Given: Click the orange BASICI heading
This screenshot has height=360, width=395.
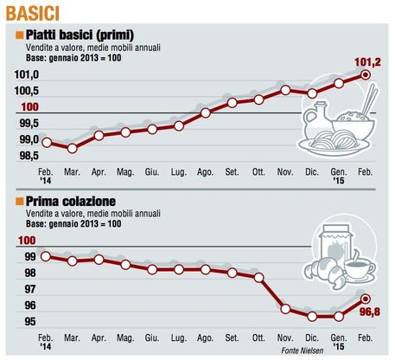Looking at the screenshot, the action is tap(33, 13).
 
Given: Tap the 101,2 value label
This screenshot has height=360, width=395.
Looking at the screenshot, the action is tap(367, 62).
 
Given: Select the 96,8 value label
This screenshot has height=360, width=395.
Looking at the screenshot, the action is tap(370, 312).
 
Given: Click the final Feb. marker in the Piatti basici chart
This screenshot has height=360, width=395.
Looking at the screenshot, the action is tap(366, 75).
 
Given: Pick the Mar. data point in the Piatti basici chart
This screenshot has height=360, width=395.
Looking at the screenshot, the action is tap(72, 149).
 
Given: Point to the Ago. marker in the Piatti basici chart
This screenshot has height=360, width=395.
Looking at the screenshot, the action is tap(206, 112).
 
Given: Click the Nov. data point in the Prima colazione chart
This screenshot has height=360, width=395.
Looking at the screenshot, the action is tap(285, 309).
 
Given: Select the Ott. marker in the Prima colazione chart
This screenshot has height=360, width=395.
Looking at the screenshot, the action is tap(258, 278).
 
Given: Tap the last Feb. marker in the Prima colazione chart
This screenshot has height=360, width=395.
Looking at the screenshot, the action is tap(366, 299).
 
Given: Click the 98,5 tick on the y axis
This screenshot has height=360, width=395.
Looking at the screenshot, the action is tap(29, 156).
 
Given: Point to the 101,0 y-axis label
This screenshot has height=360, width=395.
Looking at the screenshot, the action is tap(27, 74).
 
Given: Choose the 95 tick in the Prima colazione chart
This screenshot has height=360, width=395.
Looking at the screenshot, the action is tap(30, 321).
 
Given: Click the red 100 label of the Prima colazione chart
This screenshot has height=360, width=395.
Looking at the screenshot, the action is tap(27, 241).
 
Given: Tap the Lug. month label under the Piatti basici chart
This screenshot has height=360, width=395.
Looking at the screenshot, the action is tap(179, 172).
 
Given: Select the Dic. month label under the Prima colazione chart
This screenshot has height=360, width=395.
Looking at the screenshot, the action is tap(312, 337).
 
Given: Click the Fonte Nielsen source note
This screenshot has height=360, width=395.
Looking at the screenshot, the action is tap(303, 350).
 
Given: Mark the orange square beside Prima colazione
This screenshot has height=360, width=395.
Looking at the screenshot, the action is tap(19, 201).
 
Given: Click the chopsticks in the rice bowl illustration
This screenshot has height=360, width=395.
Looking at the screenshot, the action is tap(369, 99).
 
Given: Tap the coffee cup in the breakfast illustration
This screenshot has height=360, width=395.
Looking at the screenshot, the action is tap(359, 267).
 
